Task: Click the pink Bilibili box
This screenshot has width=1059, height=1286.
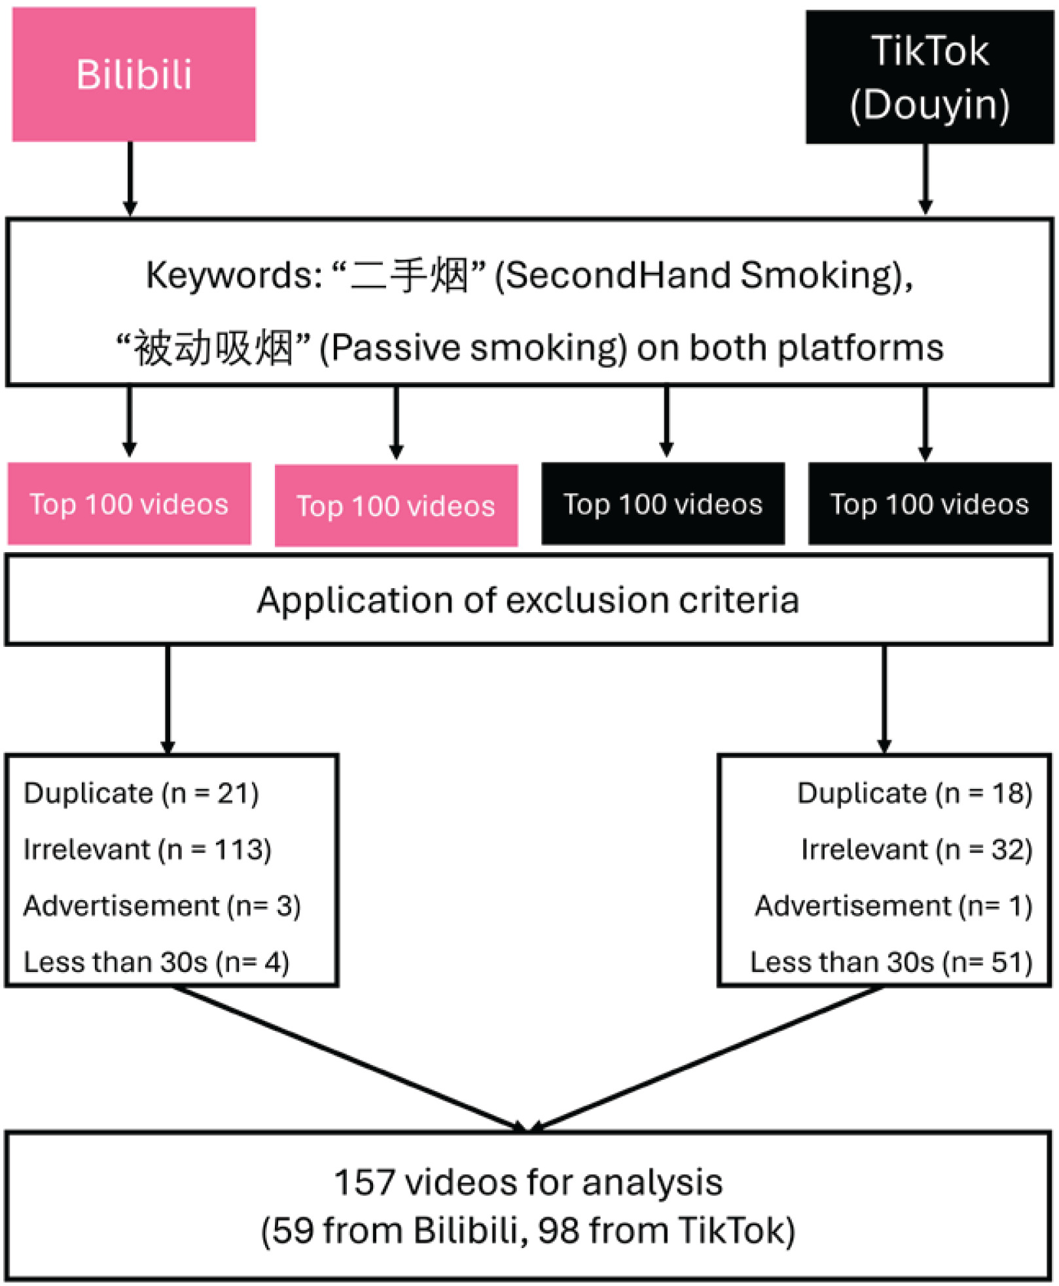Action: click(x=134, y=74)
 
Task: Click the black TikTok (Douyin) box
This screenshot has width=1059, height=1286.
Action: click(x=929, y=77)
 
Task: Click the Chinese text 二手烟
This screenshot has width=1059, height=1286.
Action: click(x=410, y=275)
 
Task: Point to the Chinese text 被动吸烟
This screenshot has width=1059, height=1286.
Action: click(x=213, y=348)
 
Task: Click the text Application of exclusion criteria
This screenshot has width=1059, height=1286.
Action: click(x=528, y=600)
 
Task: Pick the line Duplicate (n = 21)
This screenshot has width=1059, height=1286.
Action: click(x=141, y=793)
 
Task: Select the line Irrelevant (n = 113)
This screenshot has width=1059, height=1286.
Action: click(x=147, y=850)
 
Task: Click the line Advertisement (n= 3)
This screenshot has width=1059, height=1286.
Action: click(x=162, y=906)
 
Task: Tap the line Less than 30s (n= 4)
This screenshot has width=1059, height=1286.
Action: click(x=156, y=962)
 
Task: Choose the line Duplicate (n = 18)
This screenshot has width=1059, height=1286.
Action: click(x=915, y=793)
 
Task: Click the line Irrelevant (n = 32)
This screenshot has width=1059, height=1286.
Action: click(x=917, y=850)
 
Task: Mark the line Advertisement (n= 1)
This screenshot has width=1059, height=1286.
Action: click(x=894, y=906)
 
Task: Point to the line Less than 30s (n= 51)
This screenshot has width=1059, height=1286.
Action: click(x=891, y=962)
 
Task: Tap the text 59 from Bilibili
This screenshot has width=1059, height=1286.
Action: click(x=396, y=1230)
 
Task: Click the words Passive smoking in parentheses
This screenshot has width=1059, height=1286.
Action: click(x=473, y=348)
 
